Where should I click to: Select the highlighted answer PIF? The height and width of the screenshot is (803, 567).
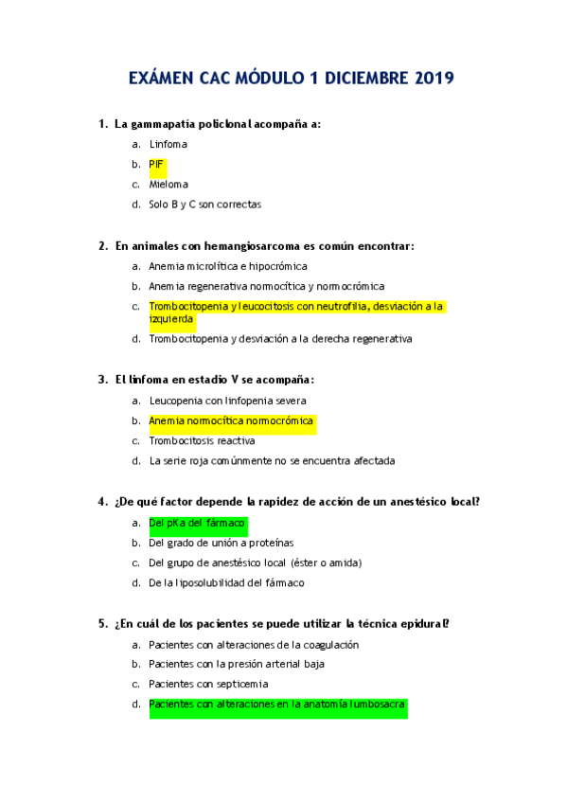(156, 165)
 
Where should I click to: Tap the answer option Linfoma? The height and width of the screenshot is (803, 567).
(168, 144)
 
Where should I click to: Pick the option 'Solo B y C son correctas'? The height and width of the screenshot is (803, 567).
(204, 205)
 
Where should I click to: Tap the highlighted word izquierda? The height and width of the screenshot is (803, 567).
(171, 319)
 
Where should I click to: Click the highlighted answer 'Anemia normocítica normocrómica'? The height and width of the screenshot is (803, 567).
(231, 420)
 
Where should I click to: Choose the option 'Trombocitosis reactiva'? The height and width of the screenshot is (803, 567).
(202, 441)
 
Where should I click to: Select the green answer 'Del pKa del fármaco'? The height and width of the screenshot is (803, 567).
(197, 523)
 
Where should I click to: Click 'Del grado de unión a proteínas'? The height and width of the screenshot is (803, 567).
(221, 543)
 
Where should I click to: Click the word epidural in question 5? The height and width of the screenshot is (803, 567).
(425, 623)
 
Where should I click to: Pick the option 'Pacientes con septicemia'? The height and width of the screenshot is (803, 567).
(208, 684)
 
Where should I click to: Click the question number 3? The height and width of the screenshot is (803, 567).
(102, 380)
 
